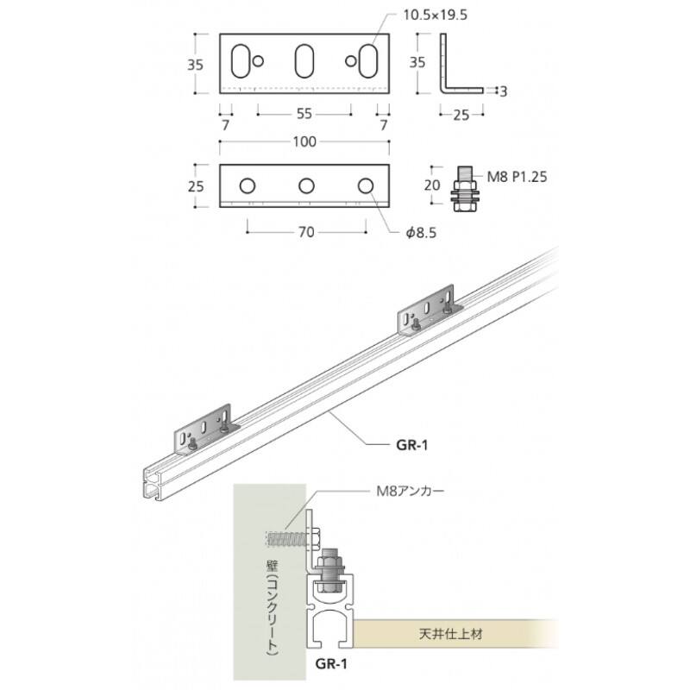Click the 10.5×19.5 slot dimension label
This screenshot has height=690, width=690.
436,16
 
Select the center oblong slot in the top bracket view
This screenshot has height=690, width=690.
304,61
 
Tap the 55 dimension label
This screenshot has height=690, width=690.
304,114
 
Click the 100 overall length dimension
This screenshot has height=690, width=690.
304,141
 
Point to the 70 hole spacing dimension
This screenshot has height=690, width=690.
306,232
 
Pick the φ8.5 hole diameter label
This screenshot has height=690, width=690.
421,233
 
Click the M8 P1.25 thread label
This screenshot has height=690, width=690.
517,177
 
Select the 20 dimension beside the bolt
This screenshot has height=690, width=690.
432,185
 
